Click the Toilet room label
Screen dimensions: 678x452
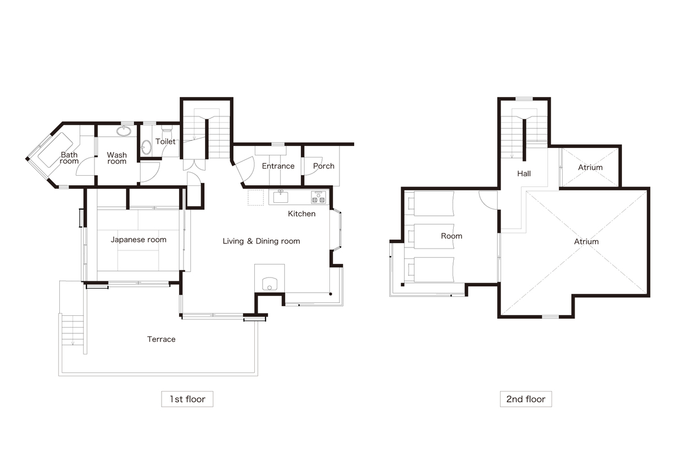point(165,141)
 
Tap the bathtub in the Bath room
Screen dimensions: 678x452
point(55,150)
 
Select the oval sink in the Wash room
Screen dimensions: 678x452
point(124,131)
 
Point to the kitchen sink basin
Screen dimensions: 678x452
point(281,197)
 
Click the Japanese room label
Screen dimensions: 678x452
point(138,240)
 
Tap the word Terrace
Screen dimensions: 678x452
point(162,339)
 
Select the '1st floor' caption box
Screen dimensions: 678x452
point(187,399)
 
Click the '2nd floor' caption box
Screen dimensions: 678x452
point(526,399)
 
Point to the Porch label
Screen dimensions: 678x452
point(324,166)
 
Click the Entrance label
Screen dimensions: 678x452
point(278,166)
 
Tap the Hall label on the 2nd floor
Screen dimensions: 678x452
point(524,173)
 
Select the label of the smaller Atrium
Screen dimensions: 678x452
point(590,167)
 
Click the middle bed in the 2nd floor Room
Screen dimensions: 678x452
point(431,236)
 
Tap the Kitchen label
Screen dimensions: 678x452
point(302,214)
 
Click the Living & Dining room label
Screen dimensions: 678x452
point(261,241)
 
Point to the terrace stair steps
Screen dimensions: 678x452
point(73,331)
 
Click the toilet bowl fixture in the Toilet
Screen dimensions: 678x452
point(167,132)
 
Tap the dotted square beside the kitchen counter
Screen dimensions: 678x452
point(256,198)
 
